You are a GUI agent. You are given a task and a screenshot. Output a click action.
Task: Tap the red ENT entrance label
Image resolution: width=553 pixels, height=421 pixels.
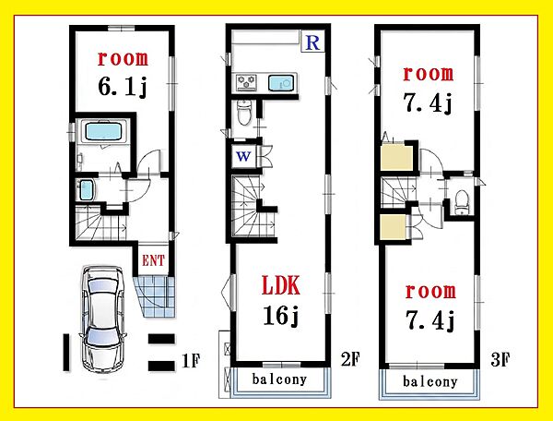153,260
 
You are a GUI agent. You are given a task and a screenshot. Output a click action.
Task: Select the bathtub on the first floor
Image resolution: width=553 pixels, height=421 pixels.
102,131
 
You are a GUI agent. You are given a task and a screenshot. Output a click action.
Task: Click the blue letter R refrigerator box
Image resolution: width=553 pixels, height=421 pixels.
312,42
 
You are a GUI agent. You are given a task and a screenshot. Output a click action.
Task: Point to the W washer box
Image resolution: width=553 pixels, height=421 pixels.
244,156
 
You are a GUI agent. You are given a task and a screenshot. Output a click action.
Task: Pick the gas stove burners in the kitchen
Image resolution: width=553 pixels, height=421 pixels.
246,83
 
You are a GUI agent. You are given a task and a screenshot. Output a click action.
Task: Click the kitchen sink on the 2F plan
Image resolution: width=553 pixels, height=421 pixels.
281,83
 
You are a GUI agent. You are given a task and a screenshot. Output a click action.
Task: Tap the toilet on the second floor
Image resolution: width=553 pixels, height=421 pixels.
244,113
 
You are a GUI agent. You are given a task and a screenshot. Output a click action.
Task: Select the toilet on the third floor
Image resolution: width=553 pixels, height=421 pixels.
461,202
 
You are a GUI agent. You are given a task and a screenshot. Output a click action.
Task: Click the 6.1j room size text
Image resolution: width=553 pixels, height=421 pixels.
122,86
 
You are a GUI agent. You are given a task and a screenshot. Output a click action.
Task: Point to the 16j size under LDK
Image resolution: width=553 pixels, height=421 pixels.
281,315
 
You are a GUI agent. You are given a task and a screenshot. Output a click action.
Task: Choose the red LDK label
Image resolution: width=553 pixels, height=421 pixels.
281,285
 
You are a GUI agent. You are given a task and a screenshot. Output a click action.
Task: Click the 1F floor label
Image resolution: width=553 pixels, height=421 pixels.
191,361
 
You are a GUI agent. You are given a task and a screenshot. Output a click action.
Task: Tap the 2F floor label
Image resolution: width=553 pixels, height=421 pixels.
350,359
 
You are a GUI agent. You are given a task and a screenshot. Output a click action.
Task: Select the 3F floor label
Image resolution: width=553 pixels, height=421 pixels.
500,360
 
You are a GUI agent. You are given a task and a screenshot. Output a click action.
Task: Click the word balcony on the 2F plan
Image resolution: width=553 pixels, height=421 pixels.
279,379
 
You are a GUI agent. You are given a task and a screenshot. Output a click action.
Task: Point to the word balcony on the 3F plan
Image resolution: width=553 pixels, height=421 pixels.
429,381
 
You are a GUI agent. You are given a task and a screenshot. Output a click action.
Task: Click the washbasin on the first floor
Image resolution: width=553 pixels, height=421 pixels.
86,189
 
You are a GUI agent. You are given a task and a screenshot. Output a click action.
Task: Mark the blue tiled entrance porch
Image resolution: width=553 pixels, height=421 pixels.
155,296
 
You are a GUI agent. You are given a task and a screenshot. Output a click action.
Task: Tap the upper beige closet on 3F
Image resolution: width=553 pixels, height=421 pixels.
397,157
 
